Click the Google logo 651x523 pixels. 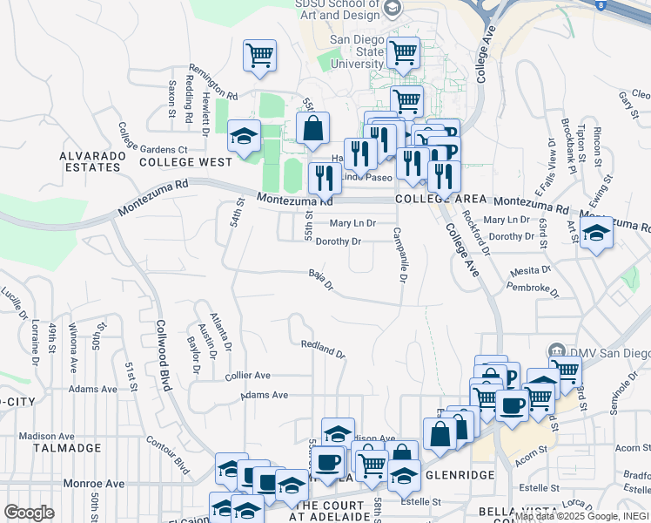pos(29,512)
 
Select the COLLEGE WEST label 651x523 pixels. pos(185,162)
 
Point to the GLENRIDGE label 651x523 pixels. pos(460,474)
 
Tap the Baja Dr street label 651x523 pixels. pos(321,280)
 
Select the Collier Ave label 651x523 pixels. pos(248,376)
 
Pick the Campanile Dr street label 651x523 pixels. pos(399,255)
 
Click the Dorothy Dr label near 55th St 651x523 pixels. pos(338,241)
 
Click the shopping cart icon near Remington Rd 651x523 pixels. pos(259,55)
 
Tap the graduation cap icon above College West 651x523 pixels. pos(245,135)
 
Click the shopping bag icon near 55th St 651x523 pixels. pos(312,128)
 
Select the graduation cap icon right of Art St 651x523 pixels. pos(596,233)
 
